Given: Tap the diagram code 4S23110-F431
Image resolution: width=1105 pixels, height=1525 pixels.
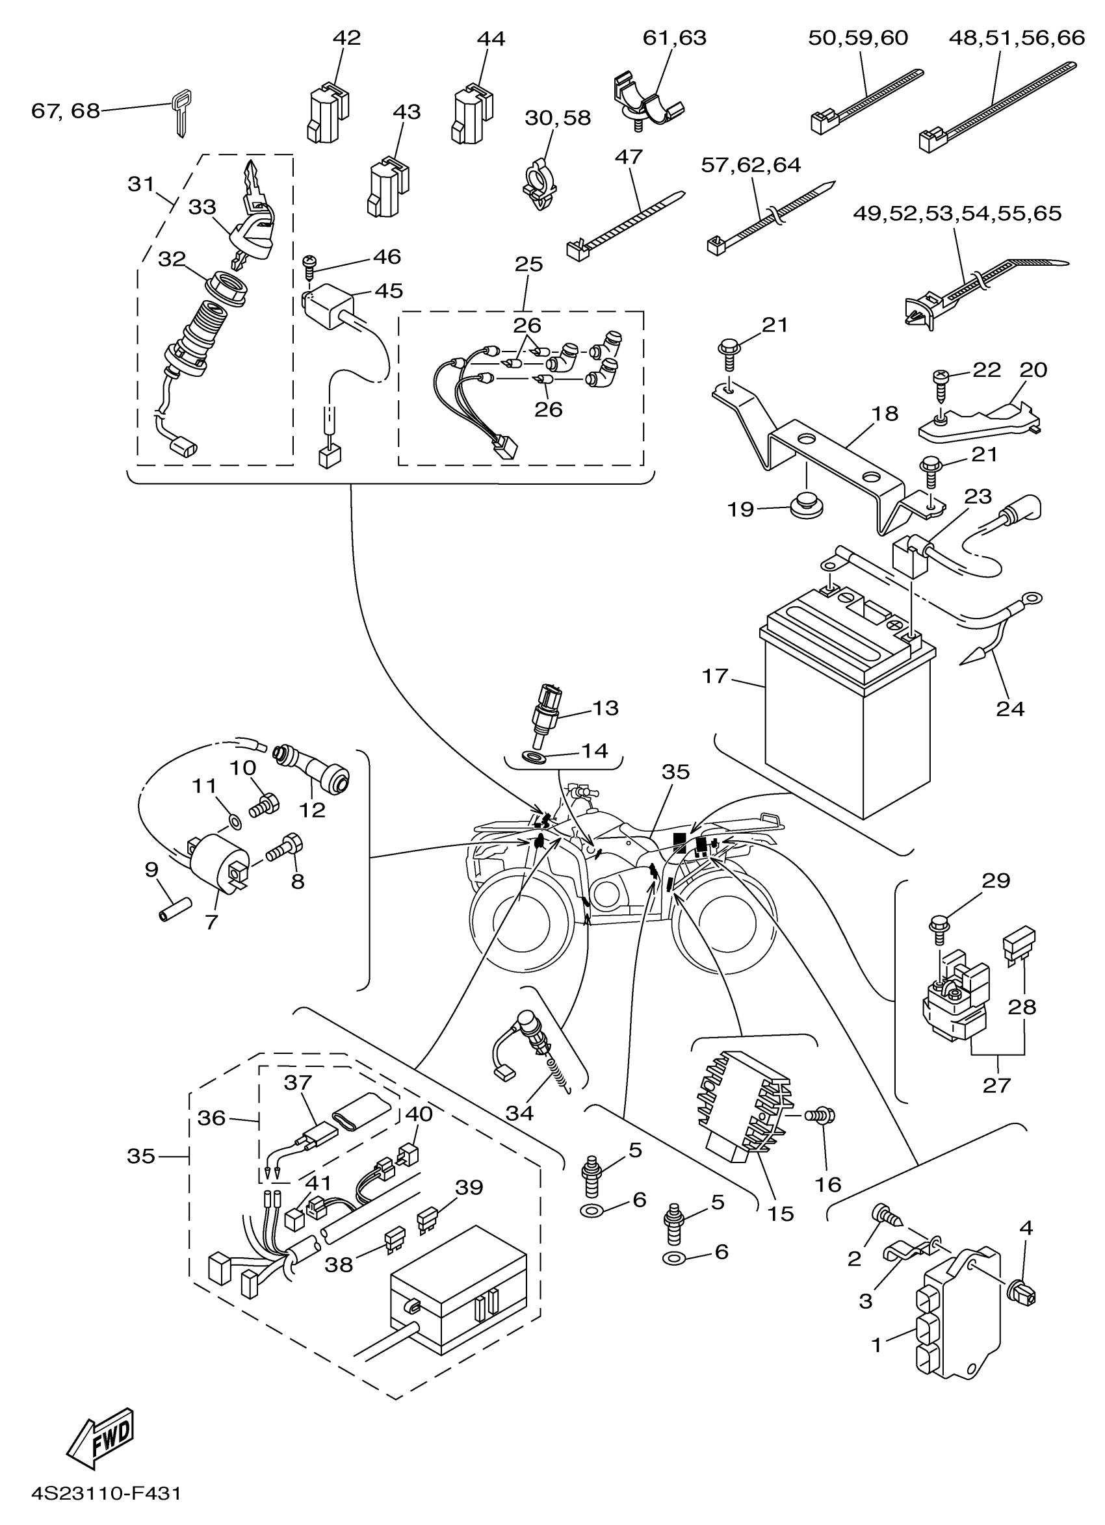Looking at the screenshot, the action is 106,1494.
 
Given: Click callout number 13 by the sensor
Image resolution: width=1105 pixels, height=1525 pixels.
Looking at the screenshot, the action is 605,708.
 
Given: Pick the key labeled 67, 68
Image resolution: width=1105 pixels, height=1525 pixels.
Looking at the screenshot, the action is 178,112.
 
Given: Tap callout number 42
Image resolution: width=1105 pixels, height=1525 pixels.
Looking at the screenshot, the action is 347,38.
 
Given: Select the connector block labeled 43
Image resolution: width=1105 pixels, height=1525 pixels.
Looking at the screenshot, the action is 389,186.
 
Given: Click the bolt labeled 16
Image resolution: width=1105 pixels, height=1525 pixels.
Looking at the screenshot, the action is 822,1116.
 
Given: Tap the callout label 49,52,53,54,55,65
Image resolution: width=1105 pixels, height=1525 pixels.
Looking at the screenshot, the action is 957,213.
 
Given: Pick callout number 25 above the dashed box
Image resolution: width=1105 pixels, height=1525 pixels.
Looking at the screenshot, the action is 528,264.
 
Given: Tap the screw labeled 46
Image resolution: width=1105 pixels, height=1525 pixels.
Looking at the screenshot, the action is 310,268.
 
